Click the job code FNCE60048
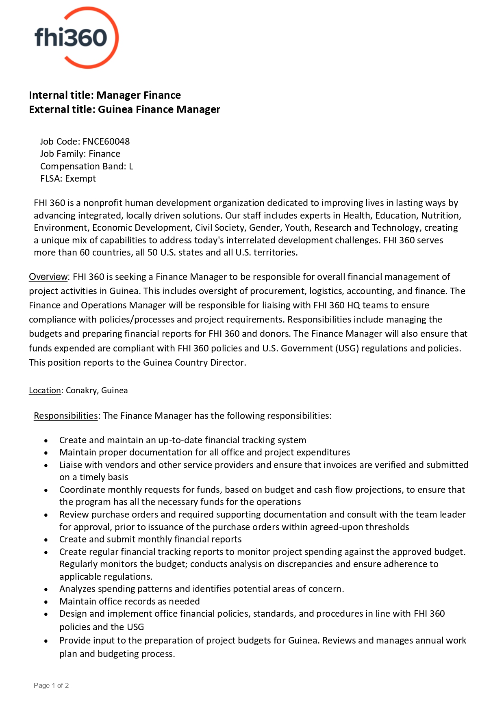(x=106, y=141)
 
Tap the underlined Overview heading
(x=48, y=277)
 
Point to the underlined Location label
(x=45, y=390)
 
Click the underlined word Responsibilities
(x=66, y=416)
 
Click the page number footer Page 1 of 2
(x=51, y=685)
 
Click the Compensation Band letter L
(x=131, y=167)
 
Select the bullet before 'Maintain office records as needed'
(x=46, y=602)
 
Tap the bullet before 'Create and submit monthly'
(x=46, y=540)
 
